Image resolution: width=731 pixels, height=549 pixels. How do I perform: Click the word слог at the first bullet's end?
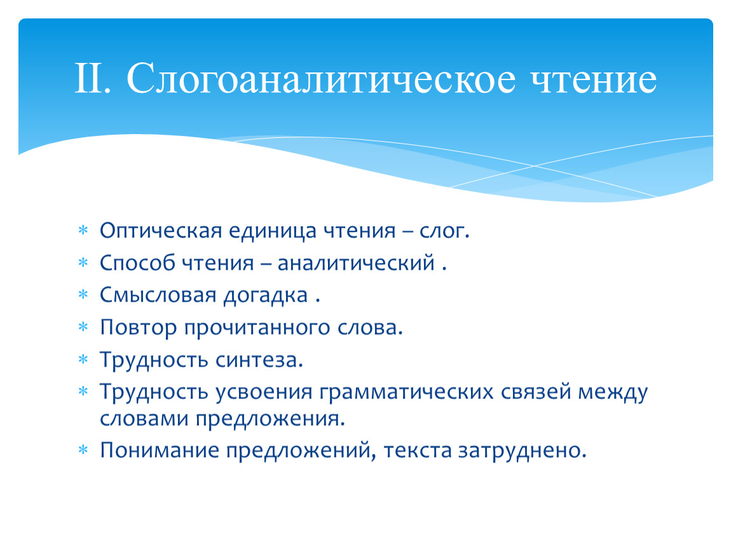point(444,231)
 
